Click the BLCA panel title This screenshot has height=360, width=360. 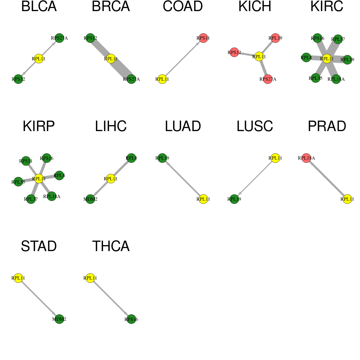pos(39,6)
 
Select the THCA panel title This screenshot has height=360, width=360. pos(111,246)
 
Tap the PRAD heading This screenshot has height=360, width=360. pos(327,126)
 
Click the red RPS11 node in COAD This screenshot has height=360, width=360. pos(203,38)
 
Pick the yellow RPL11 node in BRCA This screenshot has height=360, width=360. pos(111,59)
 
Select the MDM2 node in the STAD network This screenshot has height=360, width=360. pos(59,319)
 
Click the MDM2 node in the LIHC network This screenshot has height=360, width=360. pos(90,199)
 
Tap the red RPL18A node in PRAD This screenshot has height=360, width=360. pos(306,158)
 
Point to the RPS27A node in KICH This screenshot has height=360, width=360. pos(268,79)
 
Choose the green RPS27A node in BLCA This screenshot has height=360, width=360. pos(59,38)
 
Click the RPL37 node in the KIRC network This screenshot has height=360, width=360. pos(338,39)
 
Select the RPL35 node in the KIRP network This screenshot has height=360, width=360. pos(18,182)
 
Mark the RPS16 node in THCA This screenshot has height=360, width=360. pos(131,319)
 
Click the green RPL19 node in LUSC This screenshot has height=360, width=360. pos(234,199)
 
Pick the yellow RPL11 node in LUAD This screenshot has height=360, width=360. pos(203,199)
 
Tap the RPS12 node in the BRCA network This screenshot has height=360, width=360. pos(90,38)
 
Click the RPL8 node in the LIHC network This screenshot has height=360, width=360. pos(131,158)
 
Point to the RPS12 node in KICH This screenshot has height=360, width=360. pos(234,52)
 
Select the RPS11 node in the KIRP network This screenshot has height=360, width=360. pos(26,161)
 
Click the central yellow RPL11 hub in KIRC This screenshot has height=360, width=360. pos(327,59)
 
